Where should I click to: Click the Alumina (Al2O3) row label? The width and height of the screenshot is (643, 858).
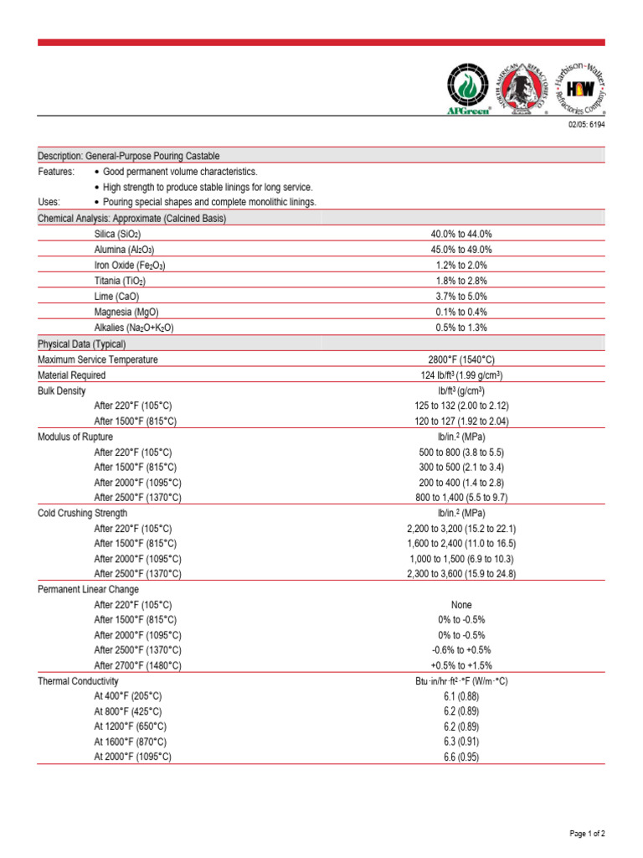pos(125,250)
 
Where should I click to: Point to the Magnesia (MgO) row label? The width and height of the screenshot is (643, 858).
pos(126,312)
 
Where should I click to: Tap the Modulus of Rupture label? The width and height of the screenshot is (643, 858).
pos(75,437)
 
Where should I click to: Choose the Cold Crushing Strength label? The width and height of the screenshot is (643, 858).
pos(83,513)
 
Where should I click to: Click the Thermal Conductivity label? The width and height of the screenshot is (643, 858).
pos(79,681)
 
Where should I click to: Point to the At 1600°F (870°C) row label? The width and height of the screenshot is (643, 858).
pos(131,742)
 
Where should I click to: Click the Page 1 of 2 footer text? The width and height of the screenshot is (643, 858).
pos(587,834)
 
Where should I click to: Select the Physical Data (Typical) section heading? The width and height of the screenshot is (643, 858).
pos(81,344)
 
